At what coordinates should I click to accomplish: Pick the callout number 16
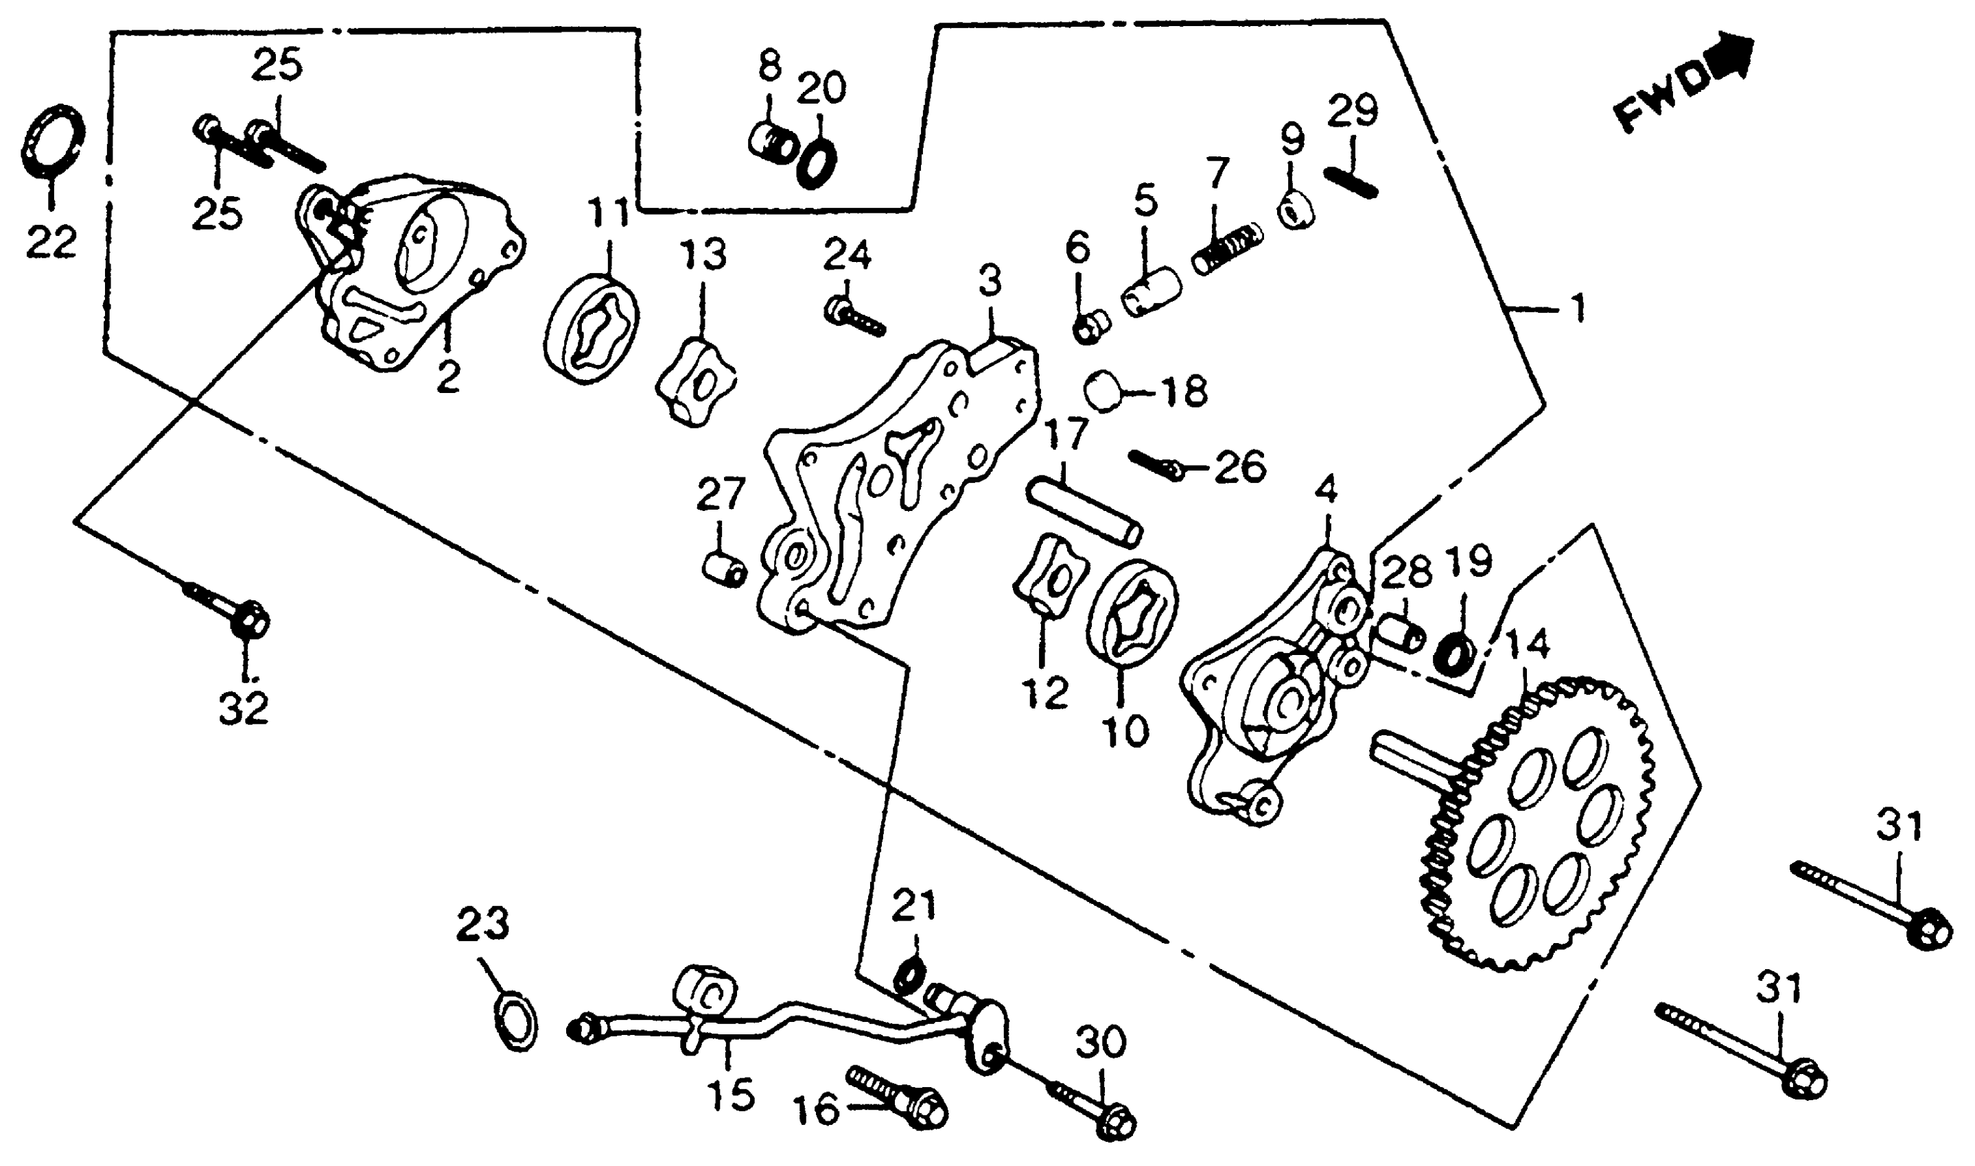(815, 1110)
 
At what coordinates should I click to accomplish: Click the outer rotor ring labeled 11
(591, 329)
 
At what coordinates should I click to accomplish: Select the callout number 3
(990, 281)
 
